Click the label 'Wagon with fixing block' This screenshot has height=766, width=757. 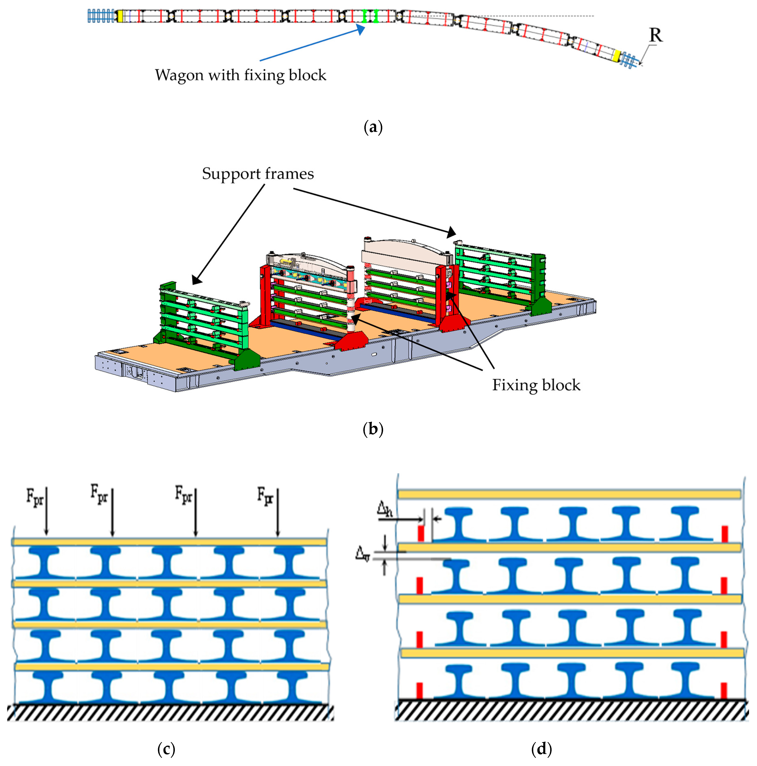[x=241, y=75]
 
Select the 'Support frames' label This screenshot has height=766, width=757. [x=258, y=174]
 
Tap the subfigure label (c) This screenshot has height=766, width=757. [x=166, y=749]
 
